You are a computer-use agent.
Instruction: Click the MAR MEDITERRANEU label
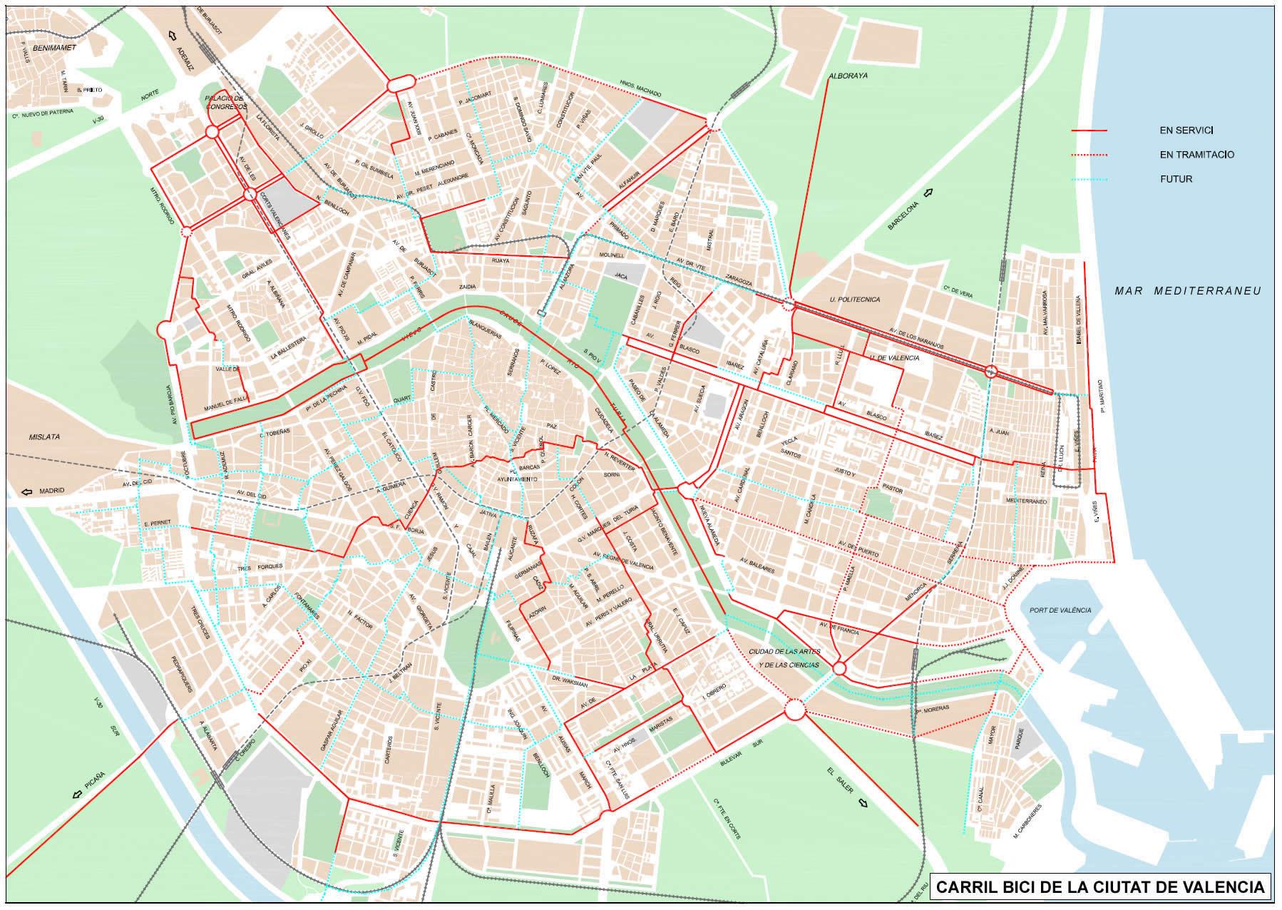pyautogui.click(x=1188, y=291)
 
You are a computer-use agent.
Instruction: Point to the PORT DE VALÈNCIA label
pyautogui.click(x=1060, y=610)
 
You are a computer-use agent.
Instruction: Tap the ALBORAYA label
pyautogui.click(x=848, y=75)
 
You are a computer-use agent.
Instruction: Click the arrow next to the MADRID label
pyautogui.click(x=27, y=491)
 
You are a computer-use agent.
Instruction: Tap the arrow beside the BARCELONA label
pyautogui.click(x=928, y=192)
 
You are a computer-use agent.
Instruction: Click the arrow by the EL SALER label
pyautogui.click(x=863, y=804)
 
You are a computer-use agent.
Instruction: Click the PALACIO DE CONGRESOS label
pyautogui.click(x=225, y=102)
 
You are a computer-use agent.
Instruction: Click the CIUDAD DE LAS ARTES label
pyautogui.click(x=784, y=652)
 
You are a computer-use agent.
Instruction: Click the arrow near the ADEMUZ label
pyautogui.click(x=172, y=35)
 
